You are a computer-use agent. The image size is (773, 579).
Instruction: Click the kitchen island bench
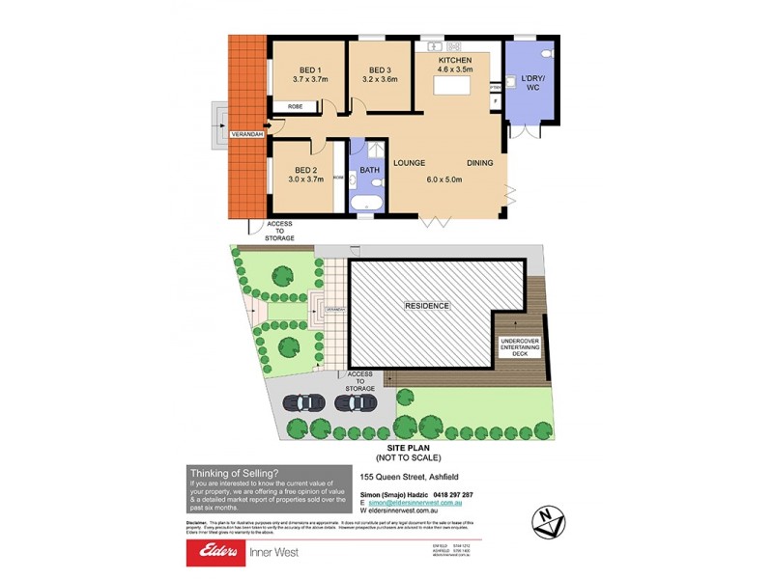[x=455, y=87]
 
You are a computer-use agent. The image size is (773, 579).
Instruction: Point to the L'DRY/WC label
[x=532, y=82]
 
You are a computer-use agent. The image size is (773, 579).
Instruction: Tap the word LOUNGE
[x=410, y=163]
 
